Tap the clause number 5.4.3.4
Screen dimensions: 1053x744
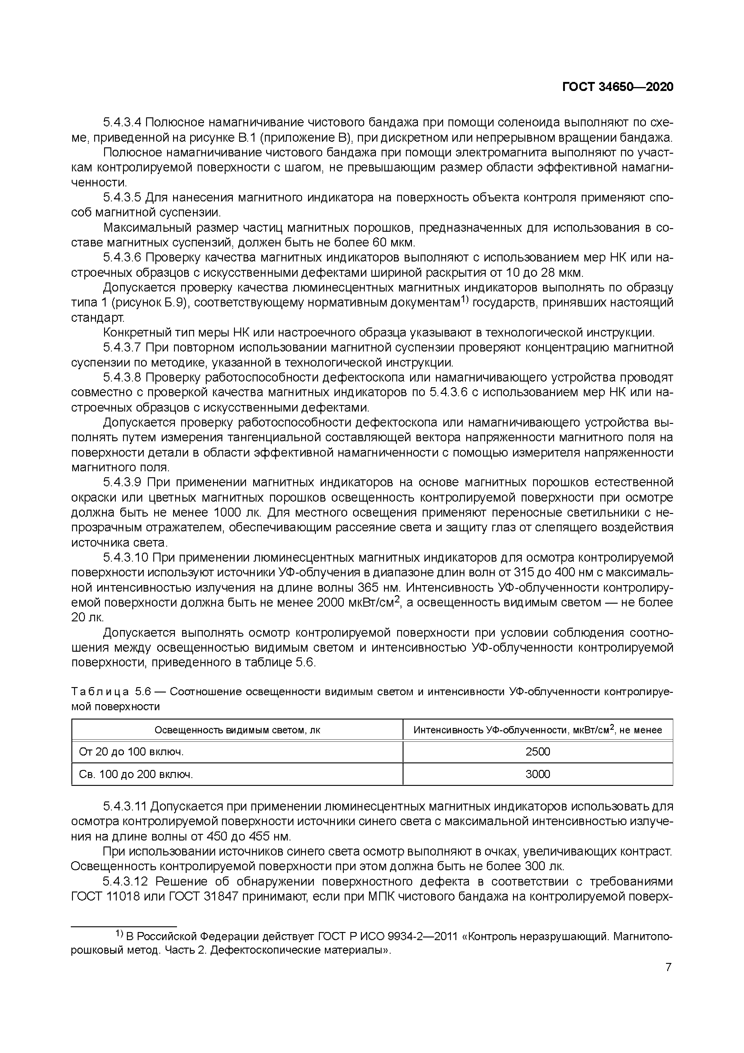point(122,122)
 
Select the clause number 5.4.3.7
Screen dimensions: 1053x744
point(122,348)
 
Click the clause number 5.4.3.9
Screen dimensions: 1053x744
point(122,482)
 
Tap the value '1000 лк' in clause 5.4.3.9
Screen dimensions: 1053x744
point(238,512)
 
